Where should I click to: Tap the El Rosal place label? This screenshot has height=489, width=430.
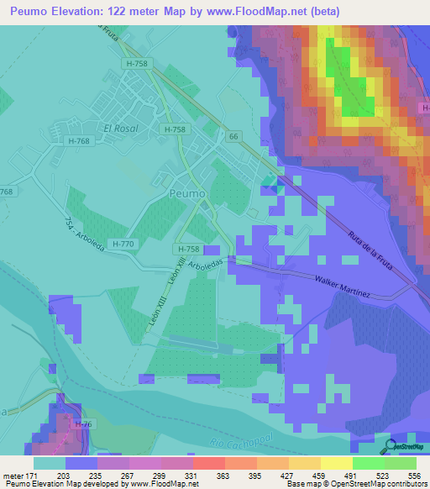point(120,129)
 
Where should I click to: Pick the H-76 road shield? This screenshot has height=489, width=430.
point(83,425)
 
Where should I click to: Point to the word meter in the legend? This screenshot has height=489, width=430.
point(14,475)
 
